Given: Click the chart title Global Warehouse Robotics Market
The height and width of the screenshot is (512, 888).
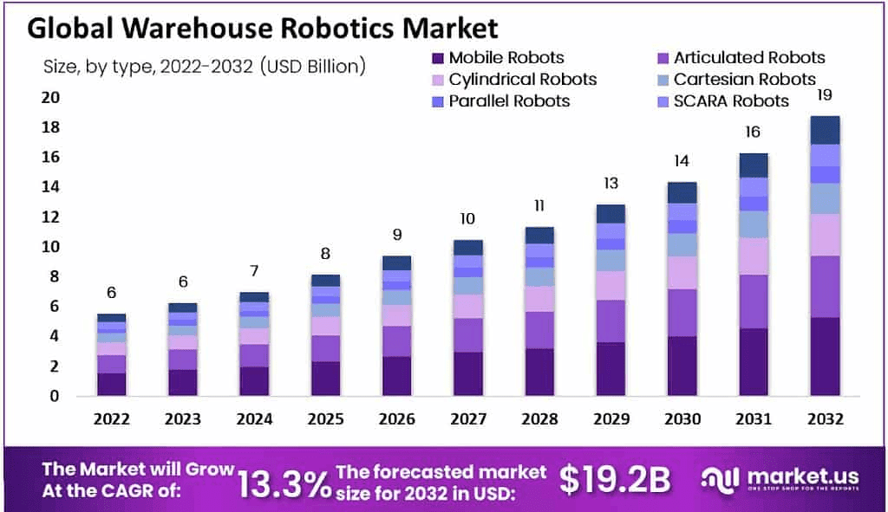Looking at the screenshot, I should click(263, 28).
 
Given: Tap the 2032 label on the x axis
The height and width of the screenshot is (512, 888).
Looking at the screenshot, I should click(825, 419).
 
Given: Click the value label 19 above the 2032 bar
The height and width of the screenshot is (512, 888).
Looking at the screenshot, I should click(825, 95).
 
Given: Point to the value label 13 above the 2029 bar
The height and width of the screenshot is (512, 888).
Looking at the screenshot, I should click(610, 184).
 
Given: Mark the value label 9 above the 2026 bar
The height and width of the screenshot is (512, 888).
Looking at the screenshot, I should click(396, 234).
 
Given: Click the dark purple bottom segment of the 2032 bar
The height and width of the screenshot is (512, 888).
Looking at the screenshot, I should click(825, 356).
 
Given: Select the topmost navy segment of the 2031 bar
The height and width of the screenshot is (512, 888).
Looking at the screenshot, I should click(754, 165).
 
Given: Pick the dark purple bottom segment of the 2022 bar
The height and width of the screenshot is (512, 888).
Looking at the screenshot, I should click(112, 384).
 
